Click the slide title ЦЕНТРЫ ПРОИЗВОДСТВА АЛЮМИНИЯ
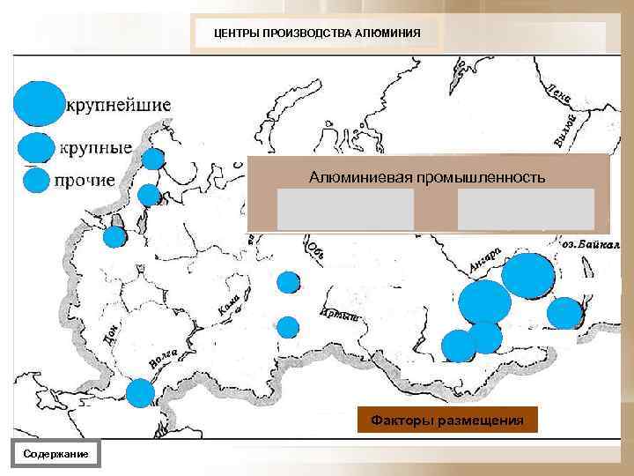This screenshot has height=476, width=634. [318, 34]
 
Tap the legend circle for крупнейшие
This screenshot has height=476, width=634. [39, 104]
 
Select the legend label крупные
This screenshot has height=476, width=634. [95, 147]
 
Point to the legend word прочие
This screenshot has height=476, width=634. [85, 181]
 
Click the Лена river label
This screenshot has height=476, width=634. [559, 93]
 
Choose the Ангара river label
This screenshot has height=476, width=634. [485, 258]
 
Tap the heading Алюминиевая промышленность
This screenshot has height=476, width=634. [427, 177]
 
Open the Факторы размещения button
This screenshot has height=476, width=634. [446, 420]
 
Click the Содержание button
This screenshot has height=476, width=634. [56, 452]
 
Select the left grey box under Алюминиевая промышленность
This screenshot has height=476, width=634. [345, 209]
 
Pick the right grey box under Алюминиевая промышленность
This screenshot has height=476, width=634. [526, 209]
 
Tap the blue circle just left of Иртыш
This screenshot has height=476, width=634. [288, 327]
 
